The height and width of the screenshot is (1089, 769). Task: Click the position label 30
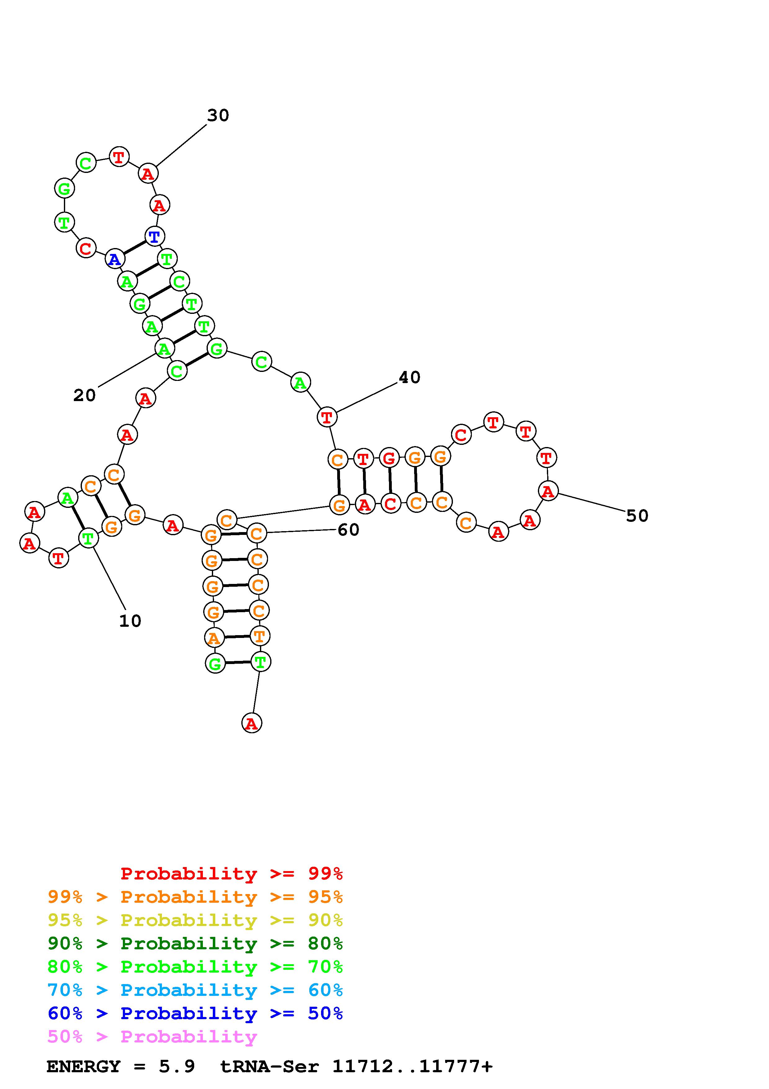(x=218, y=115)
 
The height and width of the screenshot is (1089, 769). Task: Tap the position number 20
(x=84, y=395)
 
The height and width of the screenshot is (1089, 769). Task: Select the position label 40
(x=409, y=377)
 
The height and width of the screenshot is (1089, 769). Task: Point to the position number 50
(x=637, y=516)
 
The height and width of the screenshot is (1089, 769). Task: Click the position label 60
(x=348, y=530)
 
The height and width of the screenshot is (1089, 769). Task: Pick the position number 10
(x=130, y=621)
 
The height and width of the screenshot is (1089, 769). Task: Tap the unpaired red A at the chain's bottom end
(x=252, y=723)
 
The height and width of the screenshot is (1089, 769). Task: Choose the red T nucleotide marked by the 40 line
(x=326, y=418)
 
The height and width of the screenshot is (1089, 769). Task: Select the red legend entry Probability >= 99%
(x=231, y=874)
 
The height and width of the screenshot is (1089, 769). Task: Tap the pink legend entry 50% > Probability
(x=152, y=1037)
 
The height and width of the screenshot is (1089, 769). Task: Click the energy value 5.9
(x=177, y=1067)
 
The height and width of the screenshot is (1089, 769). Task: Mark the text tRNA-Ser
(x=270, y=1067)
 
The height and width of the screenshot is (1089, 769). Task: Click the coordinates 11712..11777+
(x=412, y=1067)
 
